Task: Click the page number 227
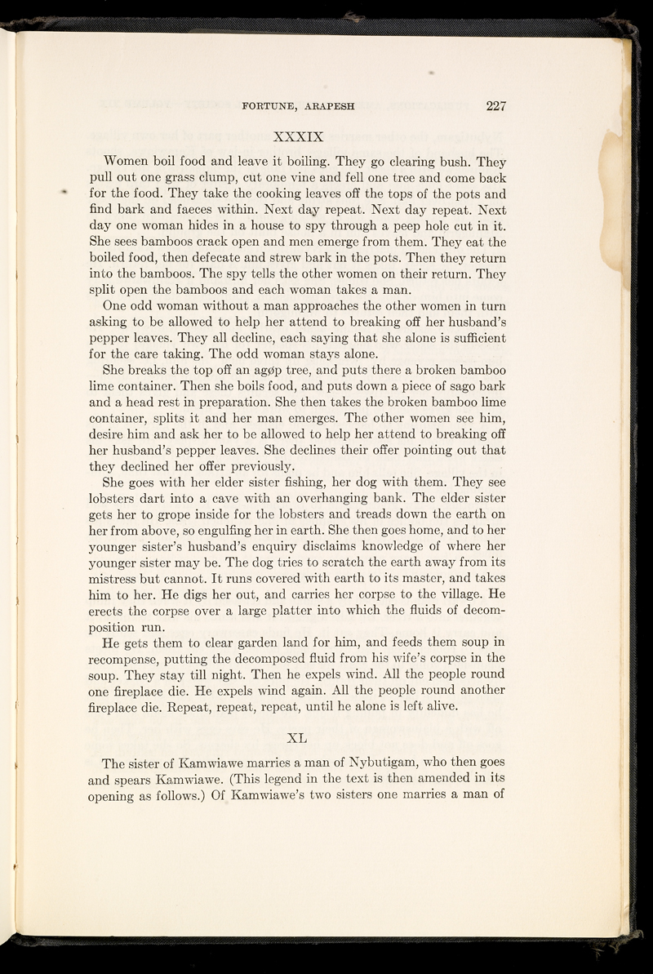click(x=495, y=104)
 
